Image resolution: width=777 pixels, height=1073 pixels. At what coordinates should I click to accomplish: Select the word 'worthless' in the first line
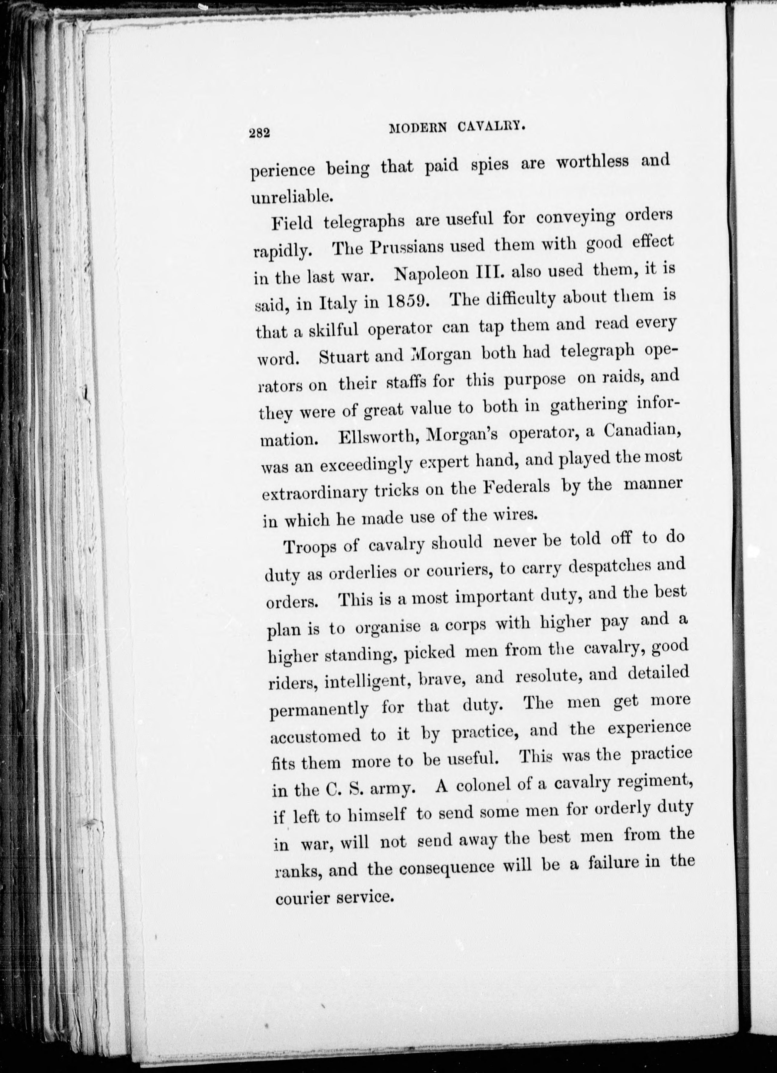[592, 162]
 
